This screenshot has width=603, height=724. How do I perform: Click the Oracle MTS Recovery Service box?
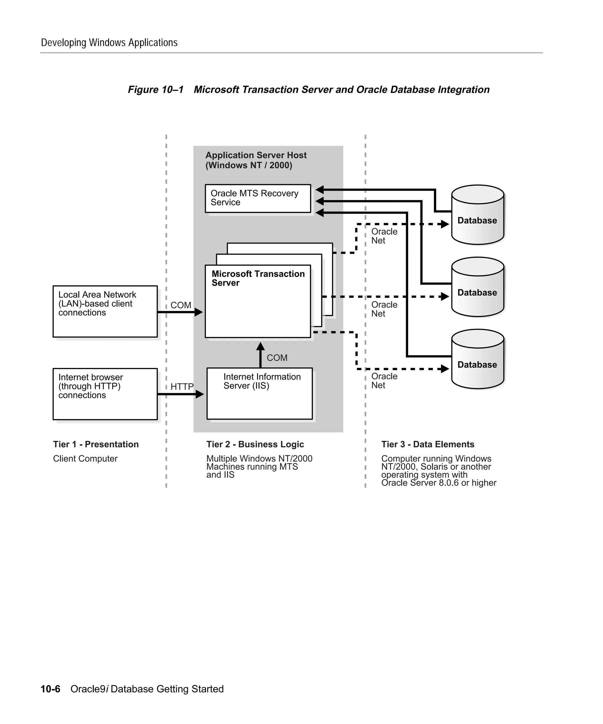(258, 198)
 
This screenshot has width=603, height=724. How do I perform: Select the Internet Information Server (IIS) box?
(259, 394)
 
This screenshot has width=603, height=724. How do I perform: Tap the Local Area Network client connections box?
(105, 311)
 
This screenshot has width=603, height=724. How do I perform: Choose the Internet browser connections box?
(105, 394)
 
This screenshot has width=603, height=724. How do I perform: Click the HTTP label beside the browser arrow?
(182, 386)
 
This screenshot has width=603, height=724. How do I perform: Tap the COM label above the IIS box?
(277, 358)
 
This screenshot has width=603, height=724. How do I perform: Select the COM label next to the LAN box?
(180, 305)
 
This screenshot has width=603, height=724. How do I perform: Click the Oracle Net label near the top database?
(384, 236)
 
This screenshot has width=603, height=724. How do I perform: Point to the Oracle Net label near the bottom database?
(384, 381)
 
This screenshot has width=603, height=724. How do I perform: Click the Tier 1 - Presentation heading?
(96, 444)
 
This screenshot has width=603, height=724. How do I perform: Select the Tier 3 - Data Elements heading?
(427, 444)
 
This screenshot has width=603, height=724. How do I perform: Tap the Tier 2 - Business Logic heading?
(255, 444)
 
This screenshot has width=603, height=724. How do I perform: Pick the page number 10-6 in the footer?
(50, 689)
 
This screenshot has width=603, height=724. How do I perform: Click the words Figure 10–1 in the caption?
(155, 90)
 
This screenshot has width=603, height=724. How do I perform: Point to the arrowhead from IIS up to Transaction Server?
(261, 346)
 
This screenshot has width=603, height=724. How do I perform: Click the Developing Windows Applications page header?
(109, 43)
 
